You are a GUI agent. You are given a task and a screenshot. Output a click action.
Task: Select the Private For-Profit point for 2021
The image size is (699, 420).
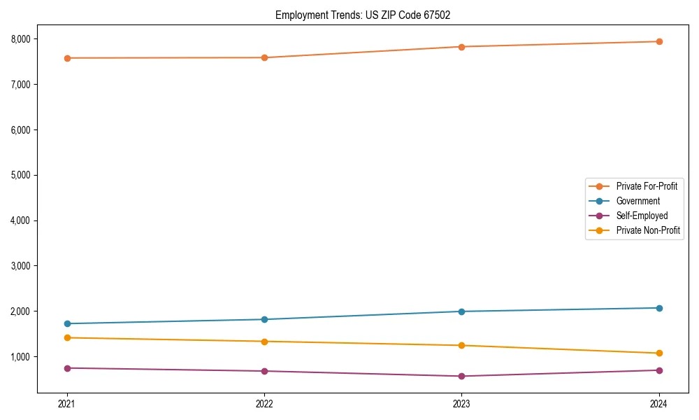[x=67, y=58]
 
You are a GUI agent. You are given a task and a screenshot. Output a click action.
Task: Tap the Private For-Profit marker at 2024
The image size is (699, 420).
[x=659, y=41]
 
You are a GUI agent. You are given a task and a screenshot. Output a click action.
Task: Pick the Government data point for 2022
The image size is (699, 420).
[x=264, y=319]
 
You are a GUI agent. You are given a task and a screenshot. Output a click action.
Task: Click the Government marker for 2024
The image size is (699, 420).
[x=659, y=308]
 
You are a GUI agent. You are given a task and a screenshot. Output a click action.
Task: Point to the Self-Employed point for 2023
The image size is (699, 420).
[x=462, y=376]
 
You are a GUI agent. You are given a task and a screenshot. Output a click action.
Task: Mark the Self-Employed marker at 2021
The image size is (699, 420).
[x=67, y=368]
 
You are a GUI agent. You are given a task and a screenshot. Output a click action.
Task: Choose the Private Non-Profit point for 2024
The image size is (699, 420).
[x=659, y=353]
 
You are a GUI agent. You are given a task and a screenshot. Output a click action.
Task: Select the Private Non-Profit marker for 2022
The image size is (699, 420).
[x=264, y=342]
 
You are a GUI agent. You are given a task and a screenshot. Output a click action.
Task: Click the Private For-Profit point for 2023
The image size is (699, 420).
[x=462, y=47]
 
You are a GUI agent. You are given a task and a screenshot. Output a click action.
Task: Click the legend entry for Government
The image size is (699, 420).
[x=637, y=201]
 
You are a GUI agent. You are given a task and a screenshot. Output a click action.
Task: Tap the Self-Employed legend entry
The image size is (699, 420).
[x=642, y=216]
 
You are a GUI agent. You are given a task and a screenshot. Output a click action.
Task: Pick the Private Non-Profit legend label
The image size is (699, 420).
[x=648, y=230]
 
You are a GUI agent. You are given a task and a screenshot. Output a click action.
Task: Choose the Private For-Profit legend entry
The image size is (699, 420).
[x=646, y=186]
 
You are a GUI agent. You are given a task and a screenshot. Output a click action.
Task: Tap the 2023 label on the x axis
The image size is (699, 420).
[x=462, y=403]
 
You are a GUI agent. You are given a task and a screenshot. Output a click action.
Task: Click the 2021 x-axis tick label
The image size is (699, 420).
[x=67, y=403]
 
